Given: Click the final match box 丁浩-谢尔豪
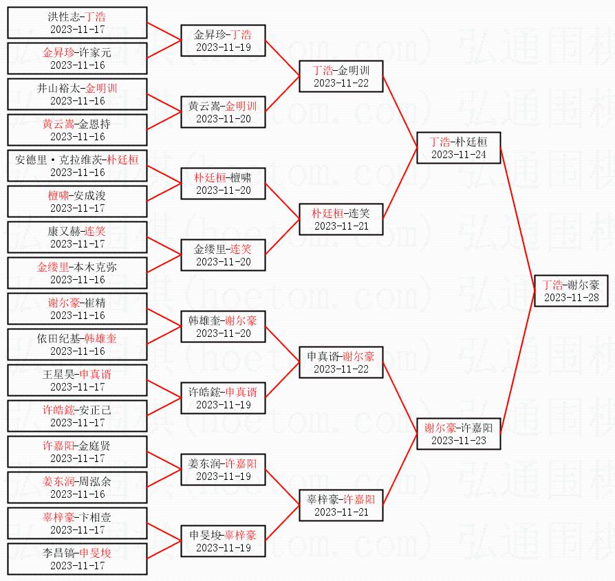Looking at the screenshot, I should point(570,291).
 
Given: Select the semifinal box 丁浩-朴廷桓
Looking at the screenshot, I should point(458,148).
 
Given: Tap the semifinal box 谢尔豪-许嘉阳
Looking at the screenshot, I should point(458,434).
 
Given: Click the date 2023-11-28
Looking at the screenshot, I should point(570,298).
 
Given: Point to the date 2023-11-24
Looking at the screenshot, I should point(458,155).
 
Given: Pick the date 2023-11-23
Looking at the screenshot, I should point(458,441).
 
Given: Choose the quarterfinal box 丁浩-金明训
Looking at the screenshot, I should point(341,76).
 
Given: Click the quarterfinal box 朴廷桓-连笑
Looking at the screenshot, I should point(341,219).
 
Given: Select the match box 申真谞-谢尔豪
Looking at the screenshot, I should point(341,362).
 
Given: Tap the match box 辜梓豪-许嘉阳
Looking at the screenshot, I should point(341,505).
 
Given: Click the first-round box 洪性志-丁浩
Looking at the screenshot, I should point(77,23).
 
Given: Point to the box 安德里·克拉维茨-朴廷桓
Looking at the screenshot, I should point(77,166).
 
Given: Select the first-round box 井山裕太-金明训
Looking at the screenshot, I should point(77,94).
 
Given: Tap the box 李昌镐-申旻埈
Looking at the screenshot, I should point(77,559).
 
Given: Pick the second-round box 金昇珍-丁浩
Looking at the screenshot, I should point(223,41).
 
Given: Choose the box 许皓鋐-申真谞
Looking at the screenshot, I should point(223,398).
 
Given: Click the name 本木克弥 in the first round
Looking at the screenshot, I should point(94,267).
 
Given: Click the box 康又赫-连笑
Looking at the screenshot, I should point(77,237).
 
